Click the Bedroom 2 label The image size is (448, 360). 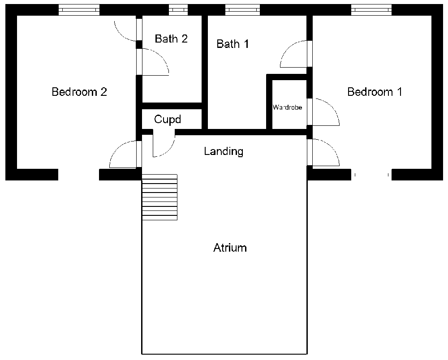79,92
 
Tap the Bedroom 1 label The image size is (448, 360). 375,92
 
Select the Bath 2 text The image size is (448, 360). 171,39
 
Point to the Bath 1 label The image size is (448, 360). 233,44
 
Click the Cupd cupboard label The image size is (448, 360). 168,120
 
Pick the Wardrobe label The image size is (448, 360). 287,107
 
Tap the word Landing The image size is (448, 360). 224,151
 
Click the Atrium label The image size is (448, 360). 230,248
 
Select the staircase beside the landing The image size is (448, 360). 159,197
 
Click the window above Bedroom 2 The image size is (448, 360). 79,10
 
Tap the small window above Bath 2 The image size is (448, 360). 178,10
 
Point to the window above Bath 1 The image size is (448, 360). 242,10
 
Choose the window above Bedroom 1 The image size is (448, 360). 371,10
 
